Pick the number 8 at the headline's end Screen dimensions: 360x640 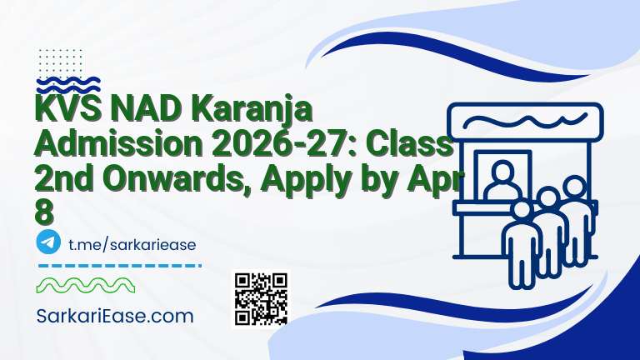(44, 210)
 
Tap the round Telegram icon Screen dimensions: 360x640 (49, 242)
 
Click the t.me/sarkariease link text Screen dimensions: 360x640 (131, 243)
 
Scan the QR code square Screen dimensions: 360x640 (261, 298)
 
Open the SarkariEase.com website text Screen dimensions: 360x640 (116, 317)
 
